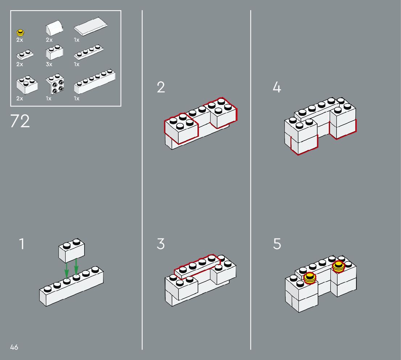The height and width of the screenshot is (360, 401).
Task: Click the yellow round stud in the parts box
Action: click(20, 33)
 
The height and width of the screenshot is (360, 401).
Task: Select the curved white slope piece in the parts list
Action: click(54, 28)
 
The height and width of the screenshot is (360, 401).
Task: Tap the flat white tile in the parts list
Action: click(91, 27)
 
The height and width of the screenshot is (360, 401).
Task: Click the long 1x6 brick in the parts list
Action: click(95, 81)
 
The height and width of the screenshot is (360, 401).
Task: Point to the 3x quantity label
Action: click(49, 64)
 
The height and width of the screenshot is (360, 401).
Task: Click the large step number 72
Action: click(20, 121)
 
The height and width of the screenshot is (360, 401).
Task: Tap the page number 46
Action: click(14, 347)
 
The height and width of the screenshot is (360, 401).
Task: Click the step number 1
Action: click(22, 244)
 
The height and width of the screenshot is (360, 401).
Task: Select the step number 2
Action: click(161, 87)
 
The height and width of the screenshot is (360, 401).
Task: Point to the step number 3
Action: click(161, 244)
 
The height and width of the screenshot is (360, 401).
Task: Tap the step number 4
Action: click(277, 87)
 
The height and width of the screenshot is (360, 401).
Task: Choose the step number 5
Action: click(277, 244)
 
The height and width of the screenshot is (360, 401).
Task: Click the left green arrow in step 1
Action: click(66, 270)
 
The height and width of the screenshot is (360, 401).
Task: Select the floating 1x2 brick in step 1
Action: click(72, 251)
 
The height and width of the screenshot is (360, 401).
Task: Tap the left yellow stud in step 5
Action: click(310, 278)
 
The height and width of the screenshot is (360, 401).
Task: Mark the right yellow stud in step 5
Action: click(338, 267)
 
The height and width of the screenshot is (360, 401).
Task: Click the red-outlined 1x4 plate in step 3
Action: click(197, 267)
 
